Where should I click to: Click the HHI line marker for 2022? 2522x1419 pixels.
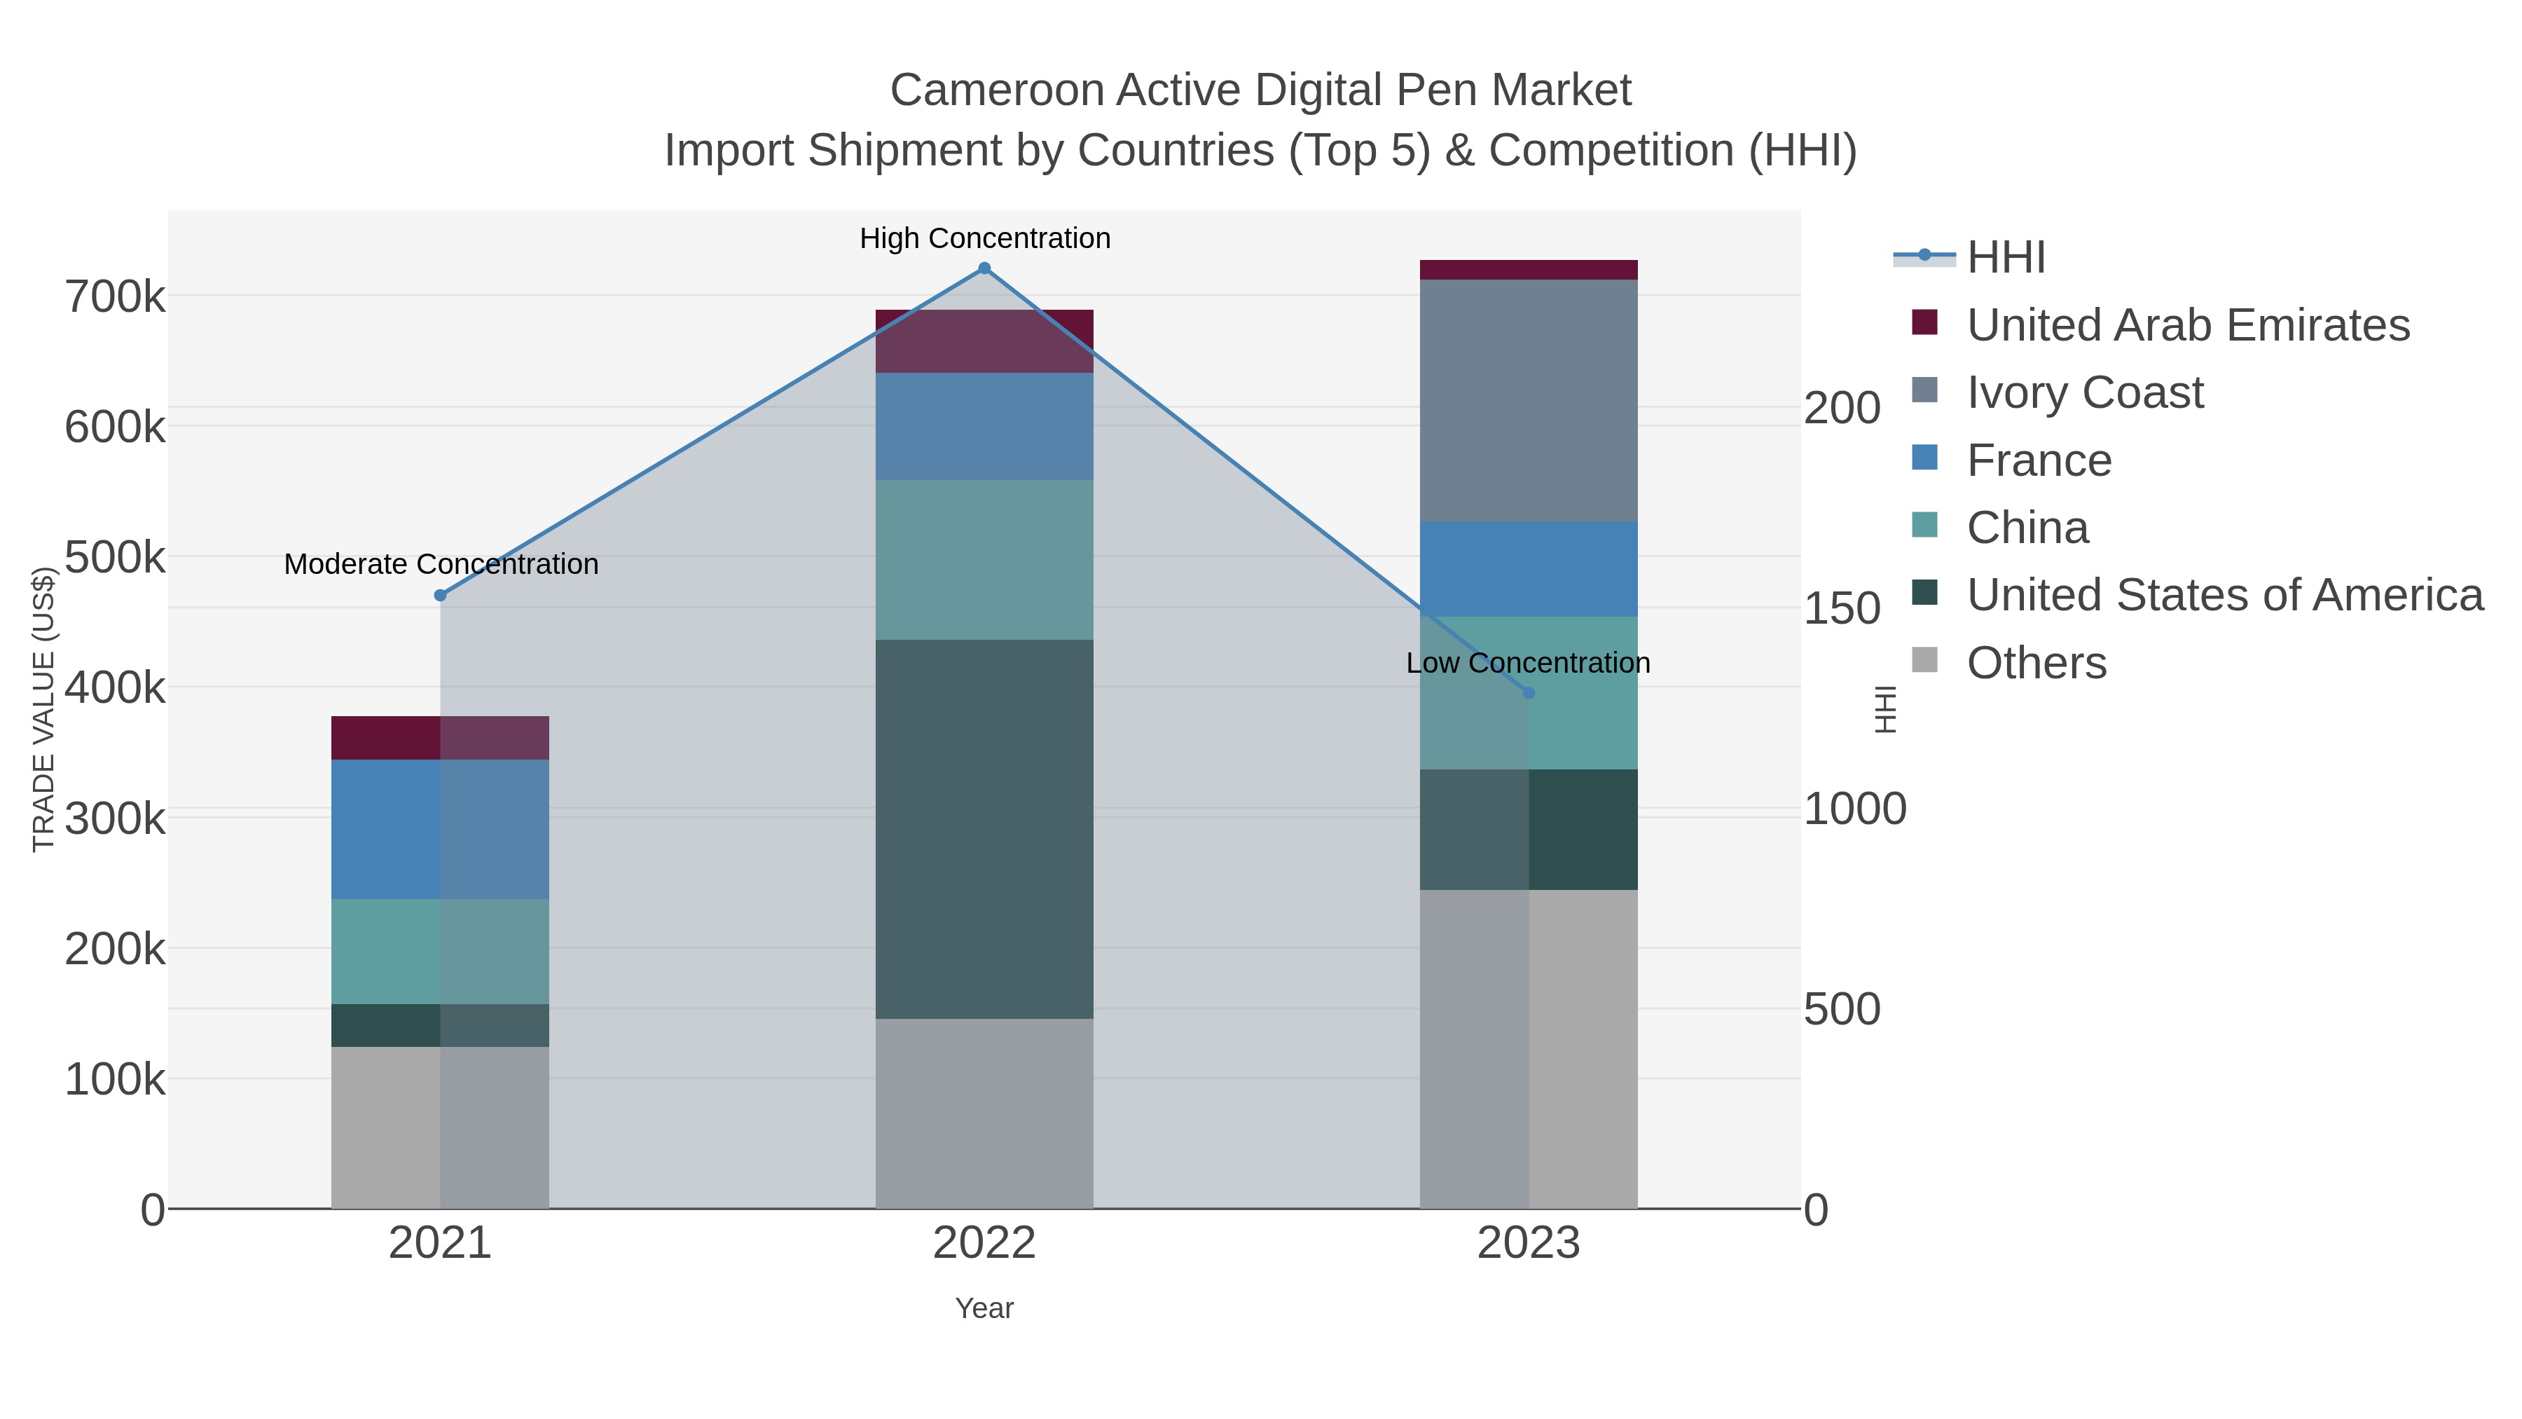point(984,268)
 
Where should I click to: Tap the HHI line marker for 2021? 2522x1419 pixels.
point(441,596)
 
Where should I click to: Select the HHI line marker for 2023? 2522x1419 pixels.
point(1529,692)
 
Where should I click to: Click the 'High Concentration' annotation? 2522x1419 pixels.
point(984,238)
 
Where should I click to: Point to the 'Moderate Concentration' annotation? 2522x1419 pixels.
point(441,564)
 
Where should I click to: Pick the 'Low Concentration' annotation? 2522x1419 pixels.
point(1527,663)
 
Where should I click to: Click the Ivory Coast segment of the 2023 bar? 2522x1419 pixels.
point(1529,401)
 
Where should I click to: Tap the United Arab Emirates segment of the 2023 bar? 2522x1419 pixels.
point(1529,270)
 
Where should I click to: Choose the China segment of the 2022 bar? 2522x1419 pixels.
point(984,559)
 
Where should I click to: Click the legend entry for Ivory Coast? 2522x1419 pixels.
point(2084,392)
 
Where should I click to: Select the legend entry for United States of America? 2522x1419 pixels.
point(2224,596)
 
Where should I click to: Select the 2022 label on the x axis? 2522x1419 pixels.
point(984,1244)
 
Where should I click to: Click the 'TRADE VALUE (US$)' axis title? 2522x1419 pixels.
point(43,709)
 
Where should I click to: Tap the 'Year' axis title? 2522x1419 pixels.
point(984,1308)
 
